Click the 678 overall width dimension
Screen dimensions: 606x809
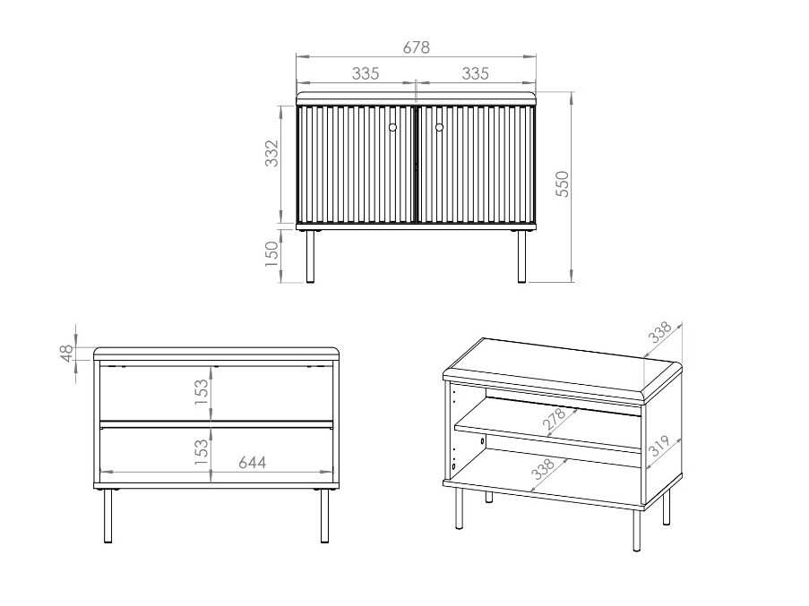[x=416, y=47]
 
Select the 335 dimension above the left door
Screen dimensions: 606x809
[x=365, y=73]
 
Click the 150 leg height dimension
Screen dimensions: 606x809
[x=272, y=254]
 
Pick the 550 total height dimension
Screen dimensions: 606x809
[x=563, y=185]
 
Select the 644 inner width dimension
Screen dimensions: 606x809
[x=252, y=463]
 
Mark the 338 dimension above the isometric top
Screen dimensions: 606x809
[x=660, y=334]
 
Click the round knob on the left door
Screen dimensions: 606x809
[x=392, y=128]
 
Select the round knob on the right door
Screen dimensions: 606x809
[x=439, y=128]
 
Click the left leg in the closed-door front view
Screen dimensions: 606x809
[x=310, y=256]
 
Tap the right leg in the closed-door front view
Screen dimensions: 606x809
[x=521, y=256]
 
